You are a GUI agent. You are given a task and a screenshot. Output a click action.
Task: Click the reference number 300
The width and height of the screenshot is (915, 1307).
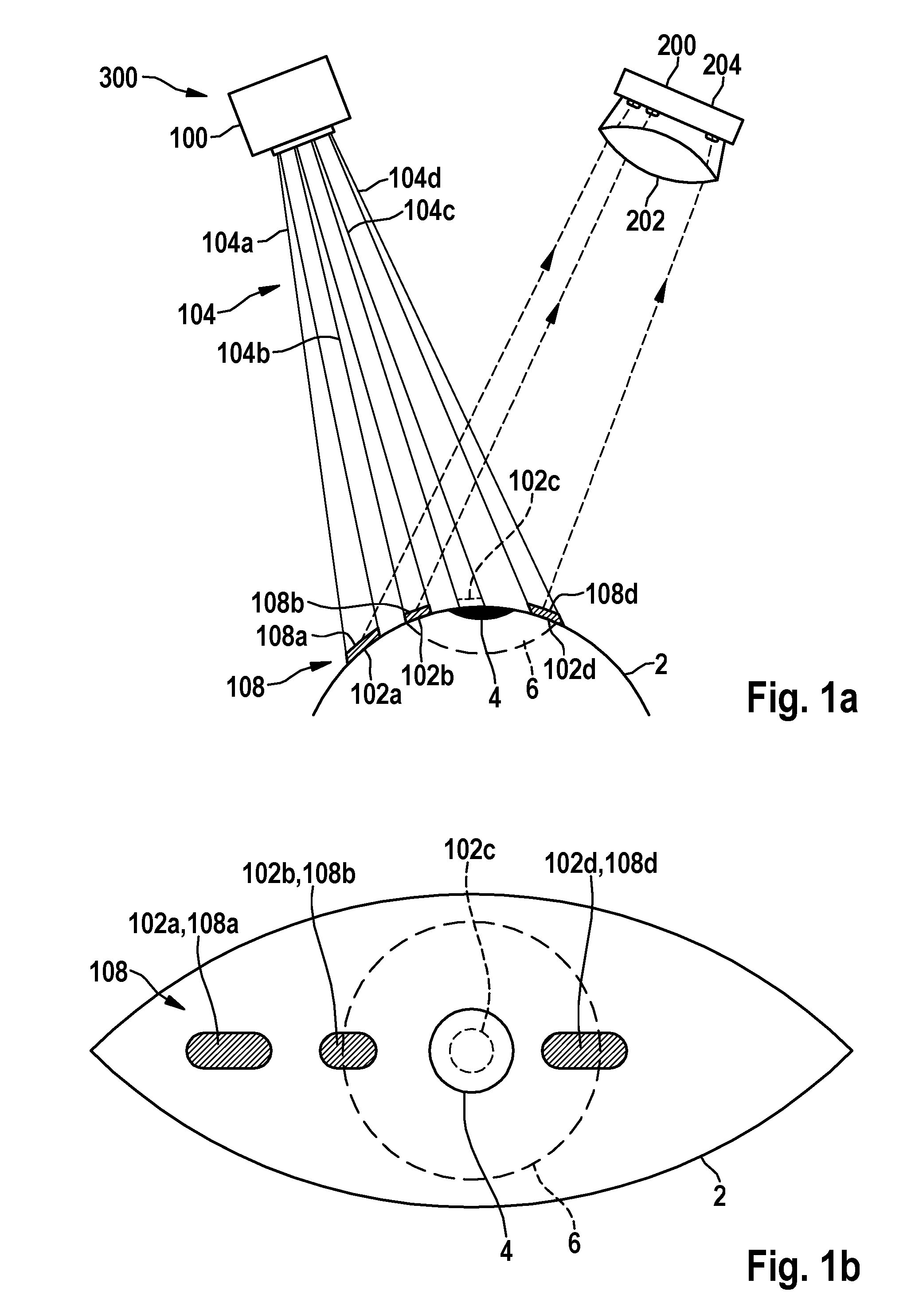pyautogui.click(x=118, y=78)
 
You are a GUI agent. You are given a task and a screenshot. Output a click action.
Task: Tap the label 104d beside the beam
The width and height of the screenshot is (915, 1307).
pyautogui.click(x=415, y=179)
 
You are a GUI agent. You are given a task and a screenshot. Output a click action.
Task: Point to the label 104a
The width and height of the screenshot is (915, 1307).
pyautogui.click(x=227, y=243)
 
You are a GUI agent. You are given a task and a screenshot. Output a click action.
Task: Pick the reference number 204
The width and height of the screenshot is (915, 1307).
pyautogui.click(x=722, y=66)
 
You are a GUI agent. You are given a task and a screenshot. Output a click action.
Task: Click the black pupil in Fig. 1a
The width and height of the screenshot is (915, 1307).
pyautogui.click(x=477, y=612)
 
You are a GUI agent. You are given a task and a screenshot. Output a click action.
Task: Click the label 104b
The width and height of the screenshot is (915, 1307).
pyautogui.click(x=243, y=353)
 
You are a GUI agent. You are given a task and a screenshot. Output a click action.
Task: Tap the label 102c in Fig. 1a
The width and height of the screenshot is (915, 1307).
pyautogui.click(x=534, y=482)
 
